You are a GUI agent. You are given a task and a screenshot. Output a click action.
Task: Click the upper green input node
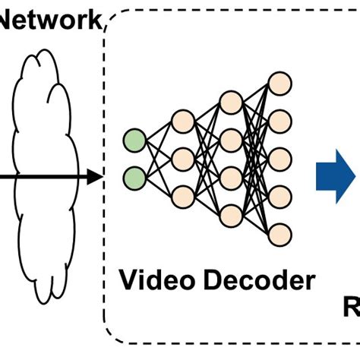134,141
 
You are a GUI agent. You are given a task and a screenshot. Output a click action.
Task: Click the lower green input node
134,178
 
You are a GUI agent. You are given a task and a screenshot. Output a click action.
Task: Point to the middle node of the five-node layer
280,158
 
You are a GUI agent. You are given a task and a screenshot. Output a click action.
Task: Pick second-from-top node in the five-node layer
280,120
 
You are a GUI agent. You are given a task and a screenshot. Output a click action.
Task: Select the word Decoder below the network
257,281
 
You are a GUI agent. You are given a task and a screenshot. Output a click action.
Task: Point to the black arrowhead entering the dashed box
94,178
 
